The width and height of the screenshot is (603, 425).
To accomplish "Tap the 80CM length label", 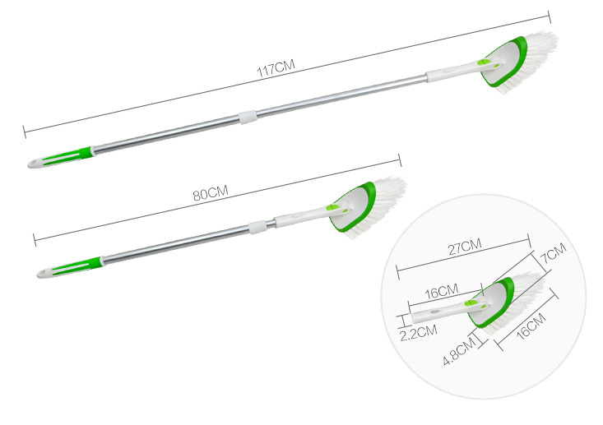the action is coord(211,192).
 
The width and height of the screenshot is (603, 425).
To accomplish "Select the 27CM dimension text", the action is coord(465,247).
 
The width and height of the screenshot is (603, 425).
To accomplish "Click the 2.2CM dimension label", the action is coord(418,332).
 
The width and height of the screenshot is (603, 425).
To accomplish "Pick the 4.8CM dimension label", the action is coord(460,350).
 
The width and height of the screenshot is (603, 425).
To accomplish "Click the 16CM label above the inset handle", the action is coord(442,292).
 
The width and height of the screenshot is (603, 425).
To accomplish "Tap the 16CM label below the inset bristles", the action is coord(531,326).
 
